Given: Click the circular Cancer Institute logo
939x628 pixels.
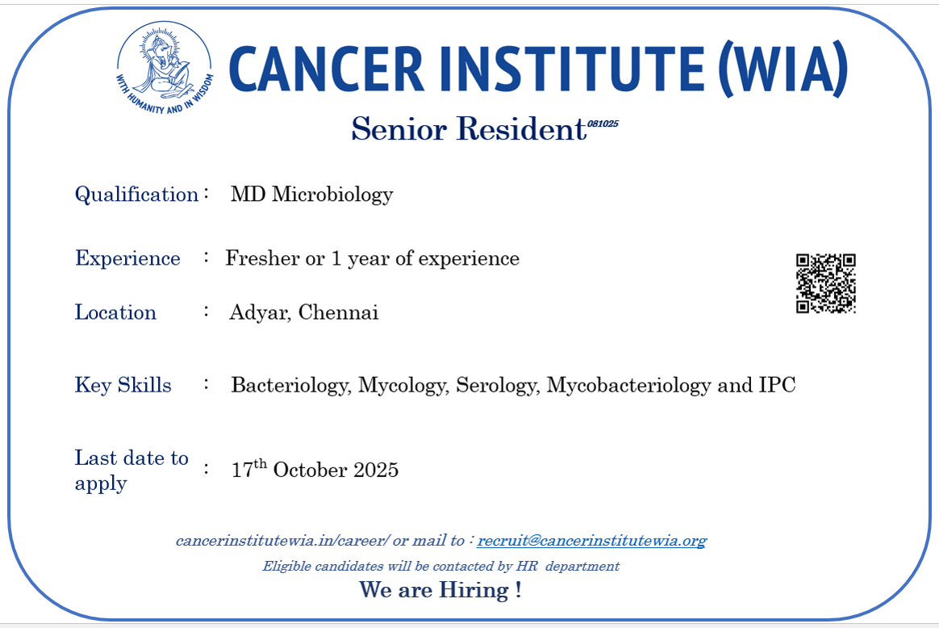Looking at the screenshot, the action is pos(164,68).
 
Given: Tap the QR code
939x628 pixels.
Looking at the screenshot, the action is pos(826,283).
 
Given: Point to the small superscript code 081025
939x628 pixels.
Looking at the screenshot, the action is pos(603,124).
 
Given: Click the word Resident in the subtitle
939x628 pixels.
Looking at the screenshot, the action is pos(521,129).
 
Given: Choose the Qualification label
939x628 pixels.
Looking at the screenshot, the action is pos(136,195).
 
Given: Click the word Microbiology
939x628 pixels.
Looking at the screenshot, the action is pos(332,195).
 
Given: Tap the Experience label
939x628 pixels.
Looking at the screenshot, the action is pos(127,258).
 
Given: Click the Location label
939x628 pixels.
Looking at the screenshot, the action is pos(115,312).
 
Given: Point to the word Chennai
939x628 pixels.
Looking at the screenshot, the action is pos(338,312).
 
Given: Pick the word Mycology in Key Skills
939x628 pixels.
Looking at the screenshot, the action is pos(403,385).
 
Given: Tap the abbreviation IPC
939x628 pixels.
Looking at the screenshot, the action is pos(778,385).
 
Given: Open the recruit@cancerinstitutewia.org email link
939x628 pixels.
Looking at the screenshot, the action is pos(592,541).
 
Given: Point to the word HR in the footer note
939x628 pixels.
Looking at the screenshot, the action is pos(527,567).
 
